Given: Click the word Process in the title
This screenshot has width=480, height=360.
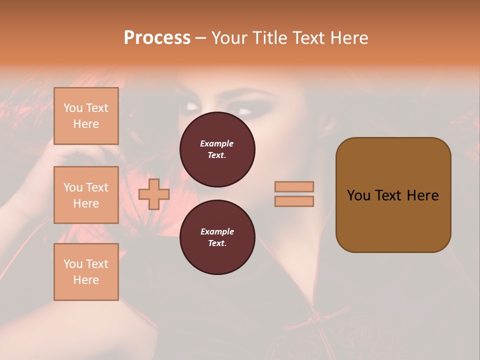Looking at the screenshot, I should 157,38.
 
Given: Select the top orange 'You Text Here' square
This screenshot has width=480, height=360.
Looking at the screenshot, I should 86,116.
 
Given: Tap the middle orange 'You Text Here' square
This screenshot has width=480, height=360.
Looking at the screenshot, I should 86,195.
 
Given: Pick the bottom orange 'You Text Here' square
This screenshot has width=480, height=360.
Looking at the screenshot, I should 86,272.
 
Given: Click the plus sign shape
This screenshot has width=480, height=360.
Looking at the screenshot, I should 154,194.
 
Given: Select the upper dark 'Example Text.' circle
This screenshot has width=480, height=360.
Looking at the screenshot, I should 217,149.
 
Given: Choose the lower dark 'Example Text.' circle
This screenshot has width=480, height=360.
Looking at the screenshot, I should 217,237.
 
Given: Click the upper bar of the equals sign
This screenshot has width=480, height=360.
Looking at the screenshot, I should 294,186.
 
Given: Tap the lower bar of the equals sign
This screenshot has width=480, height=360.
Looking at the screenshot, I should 294,201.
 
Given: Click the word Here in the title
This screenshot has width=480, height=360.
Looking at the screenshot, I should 348,38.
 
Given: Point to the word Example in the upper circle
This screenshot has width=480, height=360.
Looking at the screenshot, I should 216,143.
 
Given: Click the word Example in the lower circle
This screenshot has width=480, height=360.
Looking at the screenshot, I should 216,231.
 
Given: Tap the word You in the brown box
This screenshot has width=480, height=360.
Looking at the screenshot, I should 358,195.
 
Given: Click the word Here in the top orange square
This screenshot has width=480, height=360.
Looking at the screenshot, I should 86,124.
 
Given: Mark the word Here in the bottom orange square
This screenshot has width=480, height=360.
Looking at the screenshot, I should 86,280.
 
